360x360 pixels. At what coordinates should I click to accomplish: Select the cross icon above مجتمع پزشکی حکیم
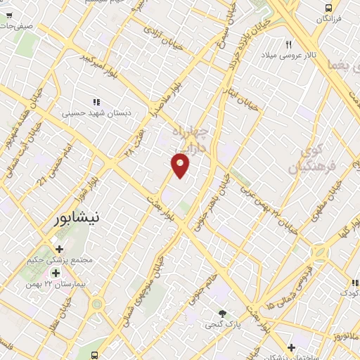pos(58,249)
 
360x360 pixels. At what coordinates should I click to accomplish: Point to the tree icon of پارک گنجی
pos(223,313)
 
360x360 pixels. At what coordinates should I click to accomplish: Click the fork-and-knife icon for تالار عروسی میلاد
pos(288,44)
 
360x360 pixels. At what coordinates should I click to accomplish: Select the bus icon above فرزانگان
pos(328,8)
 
